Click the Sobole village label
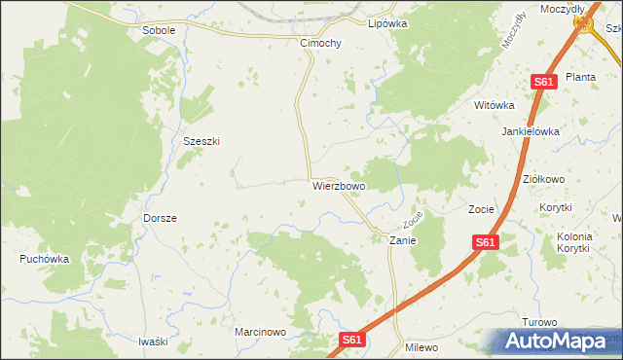[159, 30]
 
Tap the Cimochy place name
[320, 44]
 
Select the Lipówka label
[386, 23]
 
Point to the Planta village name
[580, 77]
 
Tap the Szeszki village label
[202, 141]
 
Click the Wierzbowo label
[339, 185]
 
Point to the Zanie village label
[403, 239]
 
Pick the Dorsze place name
[160, 218]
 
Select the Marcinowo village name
[259, 332]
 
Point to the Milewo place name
[421, 347]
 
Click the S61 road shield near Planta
[543, 83]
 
